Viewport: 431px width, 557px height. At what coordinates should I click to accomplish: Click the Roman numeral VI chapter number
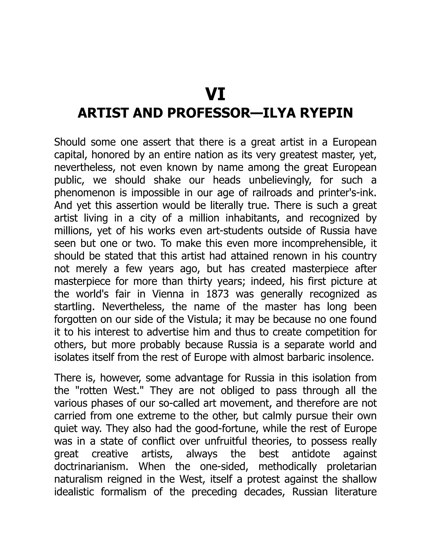point(215,95)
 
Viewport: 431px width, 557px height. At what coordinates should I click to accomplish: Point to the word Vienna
point(168,294)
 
